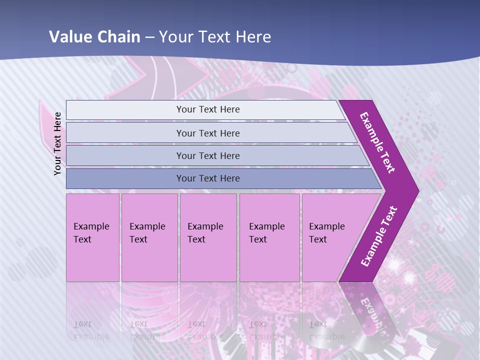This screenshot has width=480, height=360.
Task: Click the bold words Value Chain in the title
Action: coord(94,37)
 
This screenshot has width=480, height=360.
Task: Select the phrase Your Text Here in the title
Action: coord(215,37)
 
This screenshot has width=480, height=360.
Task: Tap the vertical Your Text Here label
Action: coord(57,143)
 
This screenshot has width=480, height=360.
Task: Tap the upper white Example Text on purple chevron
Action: coord(377,142)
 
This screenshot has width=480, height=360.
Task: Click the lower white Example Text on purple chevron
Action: coord(379,236)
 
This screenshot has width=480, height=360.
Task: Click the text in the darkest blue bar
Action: coord(208,178)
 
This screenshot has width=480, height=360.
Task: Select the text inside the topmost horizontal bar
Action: coord(208,109)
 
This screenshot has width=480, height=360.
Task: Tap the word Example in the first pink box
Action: coord(91,226)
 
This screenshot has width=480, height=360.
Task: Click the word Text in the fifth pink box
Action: coord(317,239)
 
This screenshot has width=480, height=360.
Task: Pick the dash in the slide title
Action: coord(149,37)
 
